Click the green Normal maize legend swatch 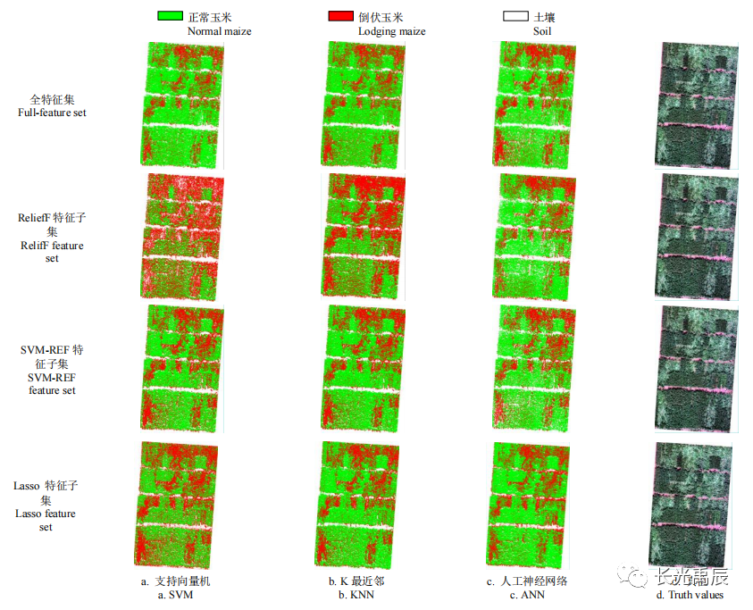click(x=170, y=17)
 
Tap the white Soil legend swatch click(x=515, y=17)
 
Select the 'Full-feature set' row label click(x=52, y=113)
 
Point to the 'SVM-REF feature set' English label click(x=52, y=384)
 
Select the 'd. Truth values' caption click(x=690, y=595)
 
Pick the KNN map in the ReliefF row click(x=360, y=237)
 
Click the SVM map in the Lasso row click(x=176, y=505)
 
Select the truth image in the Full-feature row click(x=697, y=104)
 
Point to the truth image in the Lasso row click(x=690, y=505)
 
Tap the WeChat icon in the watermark click(x=638, y=577)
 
